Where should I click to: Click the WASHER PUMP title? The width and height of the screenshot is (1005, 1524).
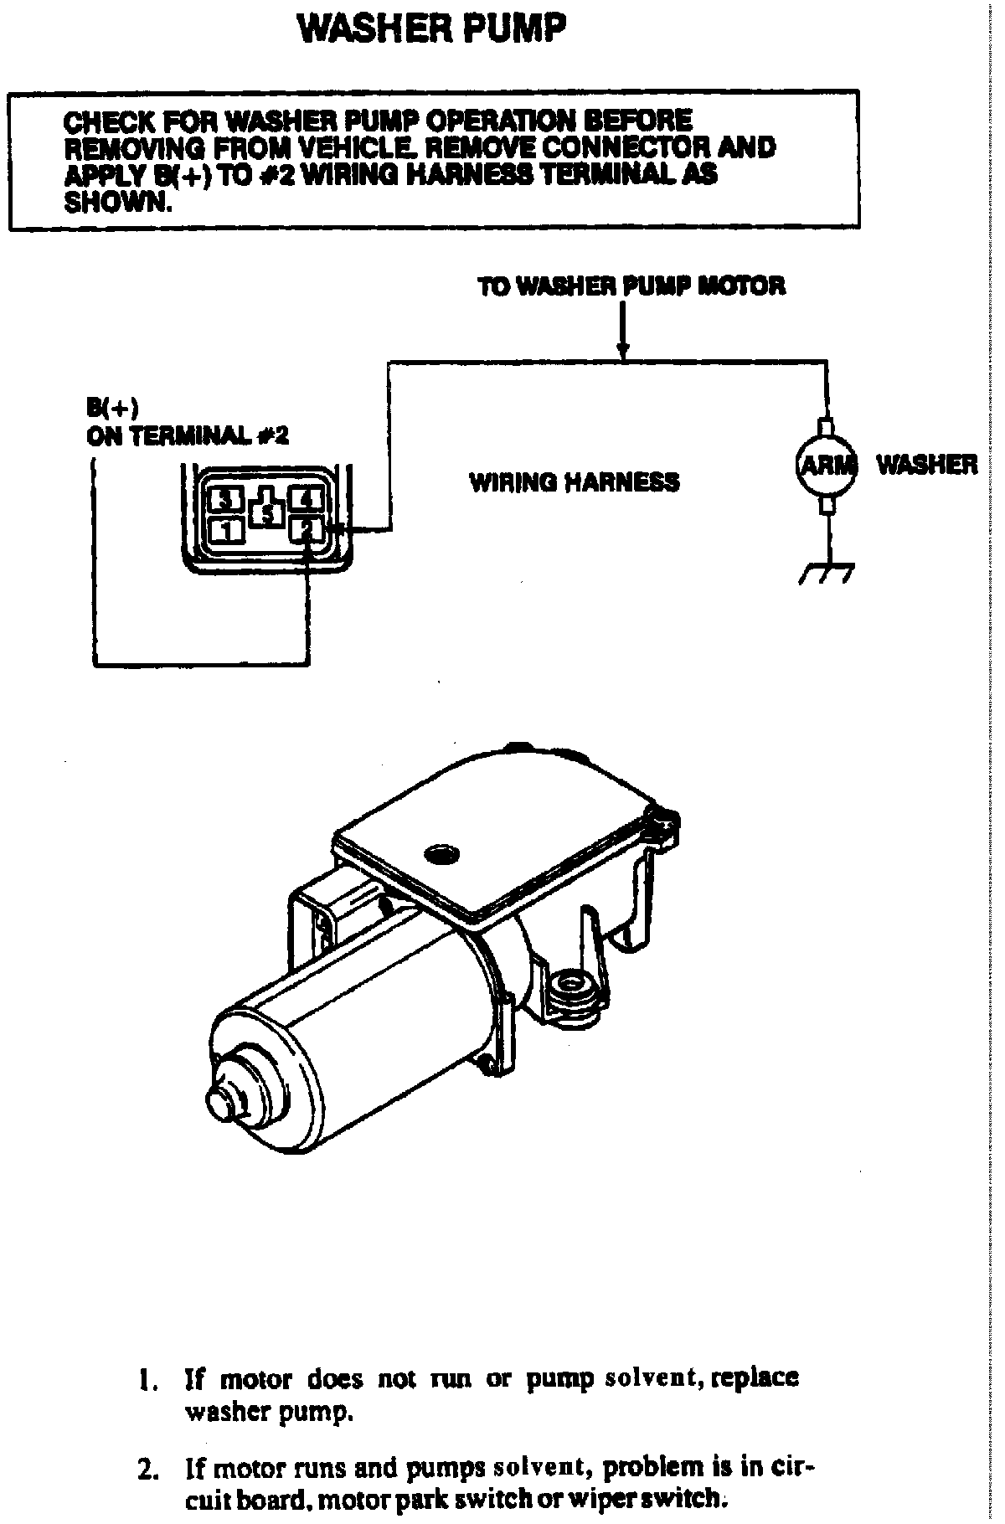tap(432, 30)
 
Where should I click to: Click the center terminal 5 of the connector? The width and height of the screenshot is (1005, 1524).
tap(266, 513)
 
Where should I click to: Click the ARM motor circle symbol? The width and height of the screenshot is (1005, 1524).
tap(825, 464)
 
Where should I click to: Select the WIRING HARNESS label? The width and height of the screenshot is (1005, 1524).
tap(574, 482)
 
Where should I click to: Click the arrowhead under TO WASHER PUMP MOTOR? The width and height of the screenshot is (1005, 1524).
tap(621, 353)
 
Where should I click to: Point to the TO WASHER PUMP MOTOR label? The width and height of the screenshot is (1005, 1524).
tap(631, 286)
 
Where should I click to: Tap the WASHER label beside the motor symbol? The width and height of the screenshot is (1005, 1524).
tap(926, 464)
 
